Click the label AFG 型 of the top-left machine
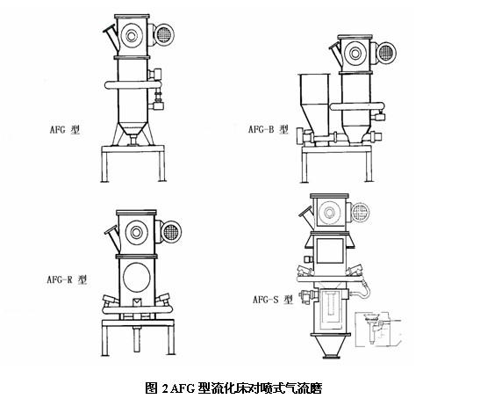pos(65,129)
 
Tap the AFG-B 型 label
pos(269,129)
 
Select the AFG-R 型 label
pos(67,279)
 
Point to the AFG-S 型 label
pos(272,299)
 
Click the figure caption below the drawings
pos(233,388)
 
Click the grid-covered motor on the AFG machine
pos(164,34)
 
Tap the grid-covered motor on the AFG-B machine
pos(386,53)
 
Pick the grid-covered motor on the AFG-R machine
pos(171,231)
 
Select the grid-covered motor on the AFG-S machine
pos(360,212)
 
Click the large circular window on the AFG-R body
pos(137,277)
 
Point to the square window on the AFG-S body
pos(329,250)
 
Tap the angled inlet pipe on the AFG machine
pos(111,37)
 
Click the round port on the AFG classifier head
pos(132,36)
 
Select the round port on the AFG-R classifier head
pos(136,232)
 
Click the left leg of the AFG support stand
pos(105,166)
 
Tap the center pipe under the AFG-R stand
pos(137,339)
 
